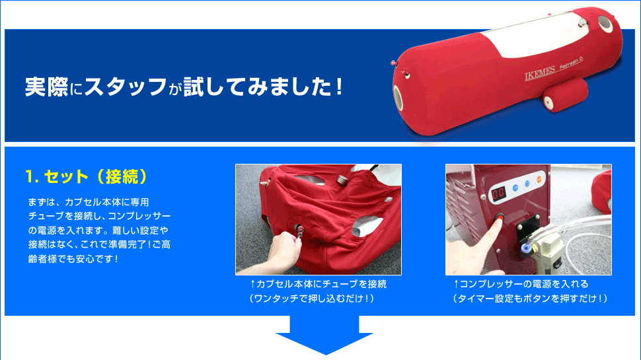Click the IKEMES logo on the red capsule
click(x=540, y=73)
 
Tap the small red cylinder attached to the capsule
click(x=566, y=95)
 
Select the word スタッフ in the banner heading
click(x=126, y=87)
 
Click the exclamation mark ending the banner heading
click(x=338, y=87)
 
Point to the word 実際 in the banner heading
click(x=46, y=87)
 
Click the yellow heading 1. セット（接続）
click(x=86, y=176)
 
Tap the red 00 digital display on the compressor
click(x=498, y=193)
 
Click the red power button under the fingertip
click(x=500, y=219)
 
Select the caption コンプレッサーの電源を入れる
click(x=521, y=284)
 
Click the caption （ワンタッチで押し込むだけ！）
click(x=311, y=299)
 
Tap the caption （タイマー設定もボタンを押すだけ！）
click(x=530, y=299)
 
